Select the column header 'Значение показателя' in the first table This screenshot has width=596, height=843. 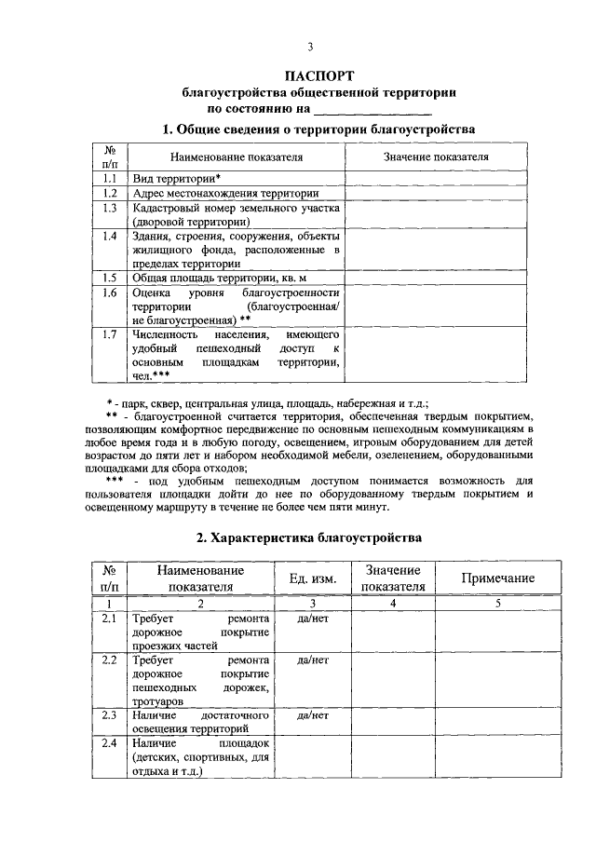click(436, 156)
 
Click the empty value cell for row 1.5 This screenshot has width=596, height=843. click(436, 277)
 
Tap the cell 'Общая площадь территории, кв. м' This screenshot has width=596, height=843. click(219, 277)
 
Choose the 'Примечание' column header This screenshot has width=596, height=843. click(497, 578)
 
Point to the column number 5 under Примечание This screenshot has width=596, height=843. click(497, 604)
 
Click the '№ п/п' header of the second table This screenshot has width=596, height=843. click(108, 578)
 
